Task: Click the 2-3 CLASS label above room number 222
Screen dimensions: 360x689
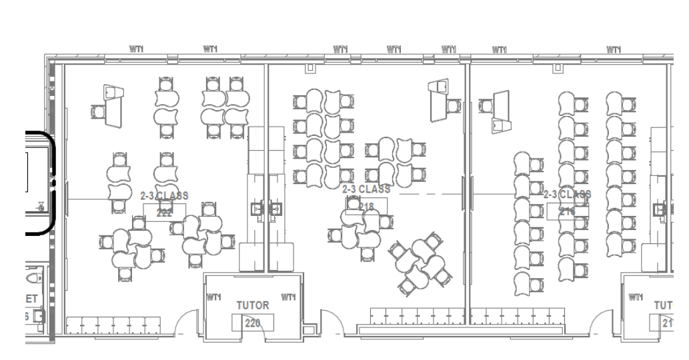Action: click(164, 196)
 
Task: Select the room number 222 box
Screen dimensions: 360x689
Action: click(164, 212)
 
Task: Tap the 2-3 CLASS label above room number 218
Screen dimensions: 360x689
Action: click(366, 189)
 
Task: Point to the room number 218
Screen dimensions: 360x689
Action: click(366, 206)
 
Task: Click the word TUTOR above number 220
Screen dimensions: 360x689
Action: click(253, 305)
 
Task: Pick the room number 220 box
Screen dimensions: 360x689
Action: click(248, 323)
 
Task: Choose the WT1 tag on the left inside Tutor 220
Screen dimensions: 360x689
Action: click(214, 297)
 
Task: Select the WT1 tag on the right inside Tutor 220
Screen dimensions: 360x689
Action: click(289, 297)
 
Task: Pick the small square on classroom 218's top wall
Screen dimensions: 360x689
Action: click(309, 68)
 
